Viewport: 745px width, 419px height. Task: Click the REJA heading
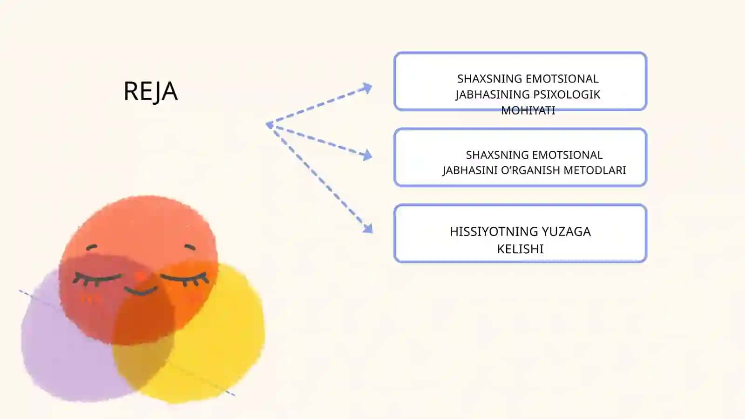coord(151,91)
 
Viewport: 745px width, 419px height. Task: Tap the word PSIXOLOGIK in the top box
coord(567,95)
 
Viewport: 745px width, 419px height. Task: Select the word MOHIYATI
coord(528,110)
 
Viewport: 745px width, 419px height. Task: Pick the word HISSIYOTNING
coord(494,231)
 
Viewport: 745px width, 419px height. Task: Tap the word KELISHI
coord(520,249)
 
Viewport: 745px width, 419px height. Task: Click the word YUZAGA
coord(566,231)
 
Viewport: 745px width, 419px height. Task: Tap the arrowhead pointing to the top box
coord(367,88)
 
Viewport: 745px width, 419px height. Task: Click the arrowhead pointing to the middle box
coord(367,155)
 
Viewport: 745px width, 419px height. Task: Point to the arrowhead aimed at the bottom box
coord(368,229)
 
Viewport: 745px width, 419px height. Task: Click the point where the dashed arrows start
coord(268,125)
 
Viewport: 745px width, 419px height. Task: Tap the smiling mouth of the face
coord(141,291)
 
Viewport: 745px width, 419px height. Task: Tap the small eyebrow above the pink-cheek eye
coord(91,247)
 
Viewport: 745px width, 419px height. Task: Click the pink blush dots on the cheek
coord(91,299)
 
